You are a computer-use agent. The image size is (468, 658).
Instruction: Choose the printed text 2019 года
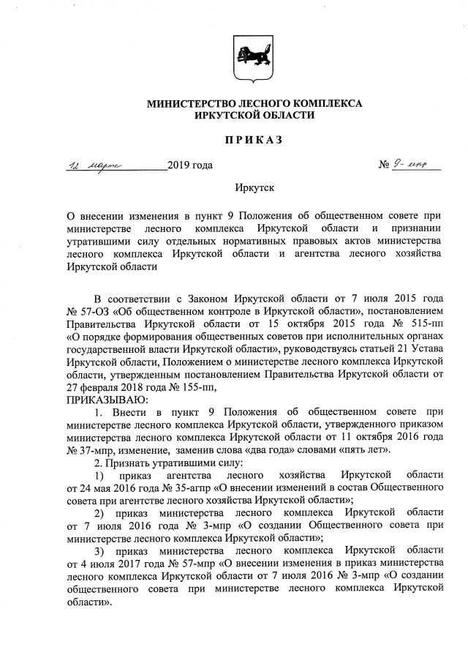coord(190,165)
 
